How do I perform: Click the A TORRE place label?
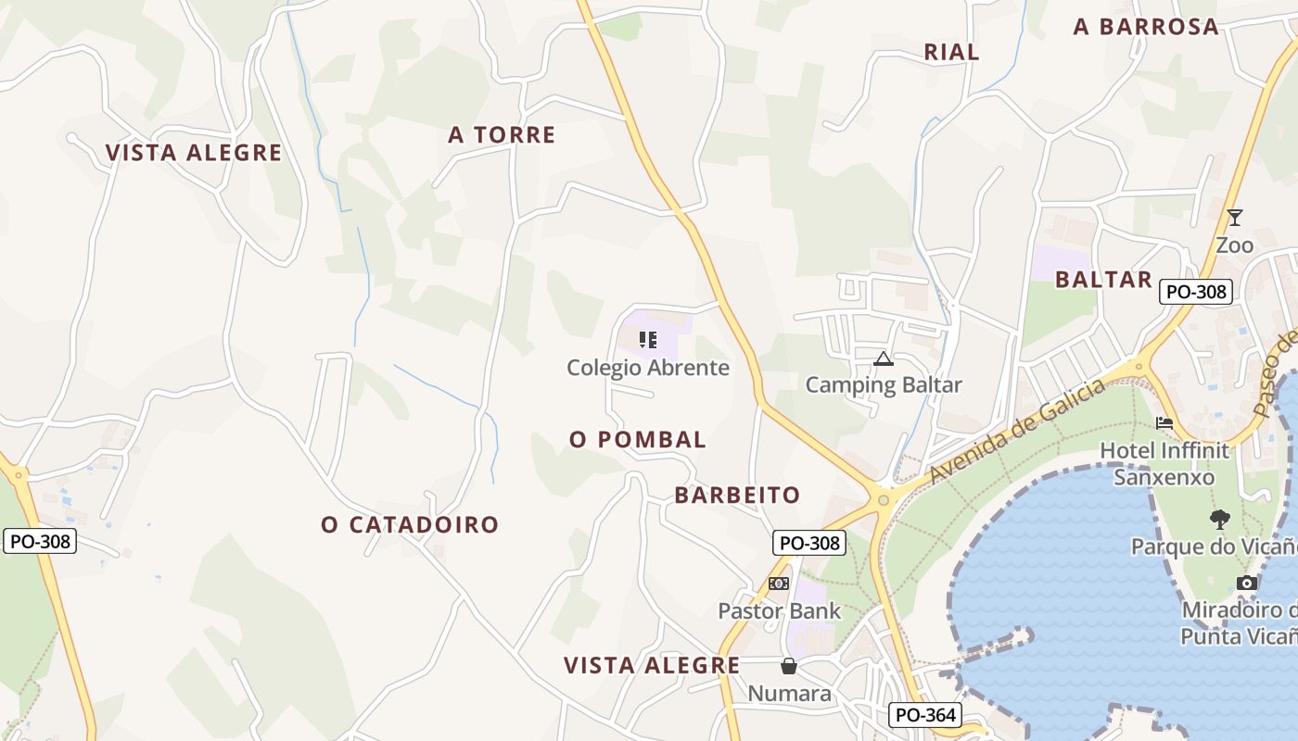tap(502, 135)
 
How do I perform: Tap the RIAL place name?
tap(951, 53)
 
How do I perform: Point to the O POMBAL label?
tap(638, 440)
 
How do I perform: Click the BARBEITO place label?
tap(737, 496)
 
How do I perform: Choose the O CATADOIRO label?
tap(410, 525)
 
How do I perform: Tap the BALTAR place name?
tap(1103, 280)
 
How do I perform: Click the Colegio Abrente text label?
tap(648, 368)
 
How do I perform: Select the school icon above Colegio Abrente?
tap(648, 340)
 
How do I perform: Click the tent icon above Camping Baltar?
tap(883, 358)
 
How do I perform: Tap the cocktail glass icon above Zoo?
tap(1234, 218)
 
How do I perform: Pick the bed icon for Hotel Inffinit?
tap(1164, 423)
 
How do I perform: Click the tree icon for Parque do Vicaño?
tap(1219, 519)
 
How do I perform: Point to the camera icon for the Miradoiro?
tap(1247, 583)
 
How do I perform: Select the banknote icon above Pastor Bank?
tap(779, 584)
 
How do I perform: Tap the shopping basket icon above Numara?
tap(788, 666)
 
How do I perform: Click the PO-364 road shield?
tap(924, 715)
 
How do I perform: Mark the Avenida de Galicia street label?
tap(1017, 431)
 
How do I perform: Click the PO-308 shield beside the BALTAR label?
tap(1196, 292)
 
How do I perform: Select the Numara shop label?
tap(789, 693)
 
